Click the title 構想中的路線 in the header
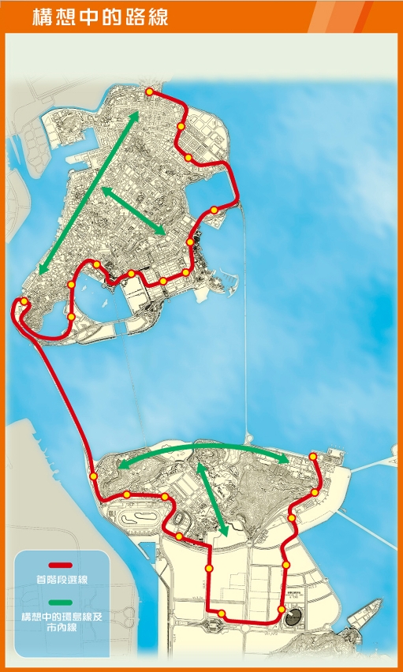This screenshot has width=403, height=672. pyautogui.click(x=100, y=17)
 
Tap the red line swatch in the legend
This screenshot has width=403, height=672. pyautogui.click(x=61, y=566)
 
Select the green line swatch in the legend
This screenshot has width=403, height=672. pyautogui.click(x=61, y=603)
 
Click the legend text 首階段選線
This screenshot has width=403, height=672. pyautogui.click(x=61, y=580)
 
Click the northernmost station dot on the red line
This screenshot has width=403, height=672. pyautogui.click(x=149, y=92)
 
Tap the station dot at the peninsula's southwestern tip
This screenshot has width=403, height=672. pyautogui.click(x=24, y=301)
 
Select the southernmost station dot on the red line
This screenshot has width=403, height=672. pyautogui.click(x=222, y=614)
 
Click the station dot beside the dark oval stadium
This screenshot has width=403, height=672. pyautogui.click(x=282, y=610)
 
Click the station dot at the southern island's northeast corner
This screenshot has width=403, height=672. pyautogui.click(x=313, y=457)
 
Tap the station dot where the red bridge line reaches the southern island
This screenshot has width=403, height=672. pyautogui.click(x=93, y=476)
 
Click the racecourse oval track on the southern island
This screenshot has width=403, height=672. pyautogui.click(x=138, y=521)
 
